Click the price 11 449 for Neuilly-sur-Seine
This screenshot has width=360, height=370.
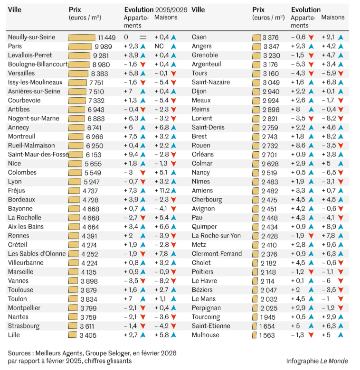coord(107,37)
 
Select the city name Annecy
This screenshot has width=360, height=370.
coord(19,127)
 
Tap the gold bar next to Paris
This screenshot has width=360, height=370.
coord(81,46)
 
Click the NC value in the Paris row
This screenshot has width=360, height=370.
coord(159,46)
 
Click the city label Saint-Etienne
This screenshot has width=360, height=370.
coord(211,326)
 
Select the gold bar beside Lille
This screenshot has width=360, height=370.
coord(73,335)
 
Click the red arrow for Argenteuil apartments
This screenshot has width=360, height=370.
coord(311,65)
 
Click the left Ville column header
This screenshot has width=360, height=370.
coord(15,9)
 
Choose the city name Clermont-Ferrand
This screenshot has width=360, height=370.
coord(217,254)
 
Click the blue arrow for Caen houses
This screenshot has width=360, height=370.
coord(341,37)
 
